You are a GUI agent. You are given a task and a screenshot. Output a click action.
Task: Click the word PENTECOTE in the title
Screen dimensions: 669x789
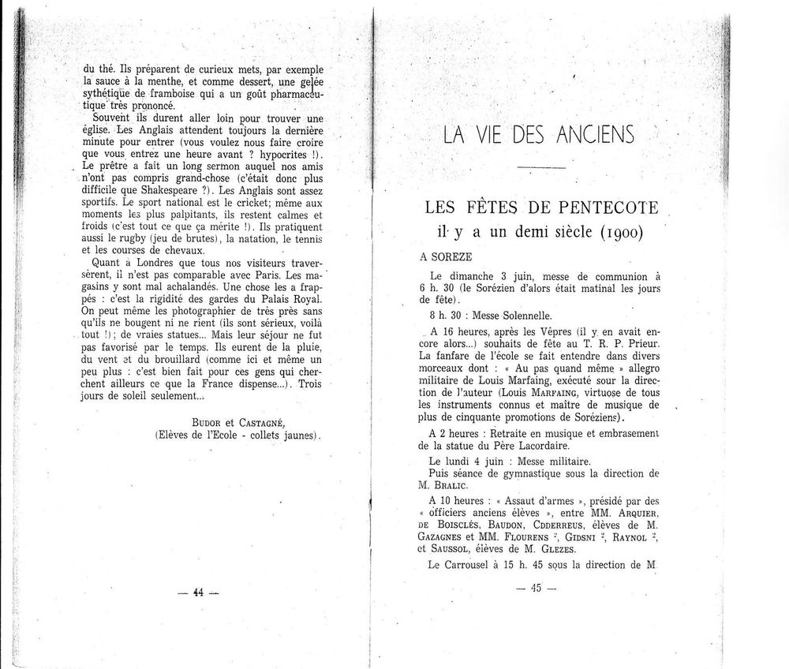coord(606,208)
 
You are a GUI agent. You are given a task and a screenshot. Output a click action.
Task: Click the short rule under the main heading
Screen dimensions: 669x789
coord(537,168)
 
